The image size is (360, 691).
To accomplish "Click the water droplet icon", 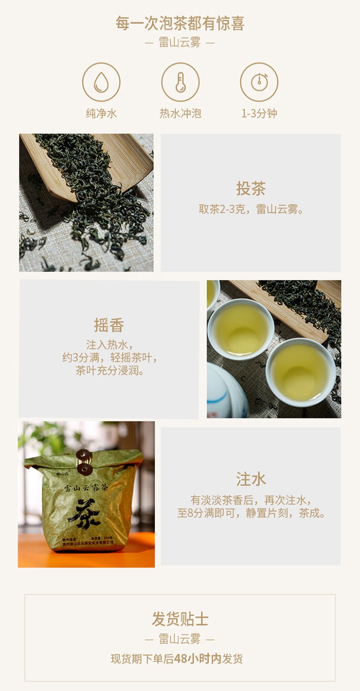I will [x=101, y=82].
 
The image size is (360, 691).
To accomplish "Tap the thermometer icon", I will [x=180, y=82].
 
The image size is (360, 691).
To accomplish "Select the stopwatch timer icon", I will [x=259, y=82].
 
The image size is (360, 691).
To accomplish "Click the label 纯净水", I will [x=101, y=114].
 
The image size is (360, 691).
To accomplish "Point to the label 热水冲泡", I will [x=180, y=114].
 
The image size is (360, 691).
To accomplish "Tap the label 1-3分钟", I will [x=259, y=114].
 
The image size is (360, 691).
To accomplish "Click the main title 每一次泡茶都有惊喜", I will [x=180, y=23].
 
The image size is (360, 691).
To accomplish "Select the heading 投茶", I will [x=251, y=188].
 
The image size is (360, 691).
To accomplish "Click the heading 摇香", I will [x=109, y=325].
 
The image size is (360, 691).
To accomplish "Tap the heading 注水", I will [x=251, y=479].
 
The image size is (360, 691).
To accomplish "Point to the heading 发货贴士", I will [x=180, y=619].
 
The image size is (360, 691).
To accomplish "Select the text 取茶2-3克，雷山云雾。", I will [x=251, y=209].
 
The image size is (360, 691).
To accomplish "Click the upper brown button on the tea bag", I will [x=84, y=454].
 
